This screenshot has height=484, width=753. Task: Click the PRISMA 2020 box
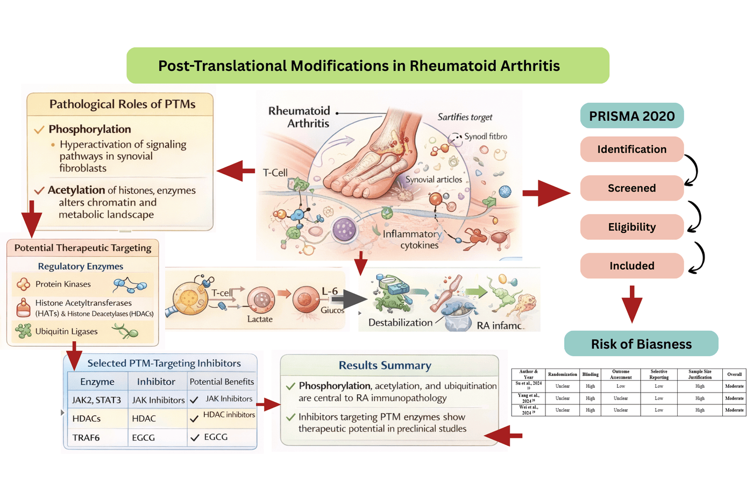click(631, 116)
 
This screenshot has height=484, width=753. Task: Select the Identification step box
click(631, 150)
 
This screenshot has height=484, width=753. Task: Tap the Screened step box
click(631, 188)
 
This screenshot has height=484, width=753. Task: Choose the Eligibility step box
click(631, 227)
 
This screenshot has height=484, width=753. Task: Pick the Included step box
click(631, 266)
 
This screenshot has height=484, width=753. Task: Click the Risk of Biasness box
click(641, 344)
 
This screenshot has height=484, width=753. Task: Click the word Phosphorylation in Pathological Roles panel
click(90, 129)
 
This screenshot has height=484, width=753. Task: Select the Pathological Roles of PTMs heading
click(122, 104)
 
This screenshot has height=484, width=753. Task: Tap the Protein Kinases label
click(63, 284)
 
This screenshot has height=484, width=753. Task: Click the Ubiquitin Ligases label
click(66, 331)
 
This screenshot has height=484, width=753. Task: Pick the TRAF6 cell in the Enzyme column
click(86, 438)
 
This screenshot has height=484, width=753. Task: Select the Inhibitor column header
click(156, 382)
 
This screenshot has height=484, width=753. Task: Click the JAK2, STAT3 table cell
click(96, 400)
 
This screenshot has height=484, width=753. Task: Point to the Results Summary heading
click(385, 366)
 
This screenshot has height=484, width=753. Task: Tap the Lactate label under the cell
click(260, 319)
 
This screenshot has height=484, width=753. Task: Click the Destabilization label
click(400, 323)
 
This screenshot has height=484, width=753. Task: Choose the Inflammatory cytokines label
click(412, 240)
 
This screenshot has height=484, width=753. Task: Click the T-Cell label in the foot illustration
click(275, 173)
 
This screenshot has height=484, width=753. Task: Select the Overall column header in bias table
click(734, 374)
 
